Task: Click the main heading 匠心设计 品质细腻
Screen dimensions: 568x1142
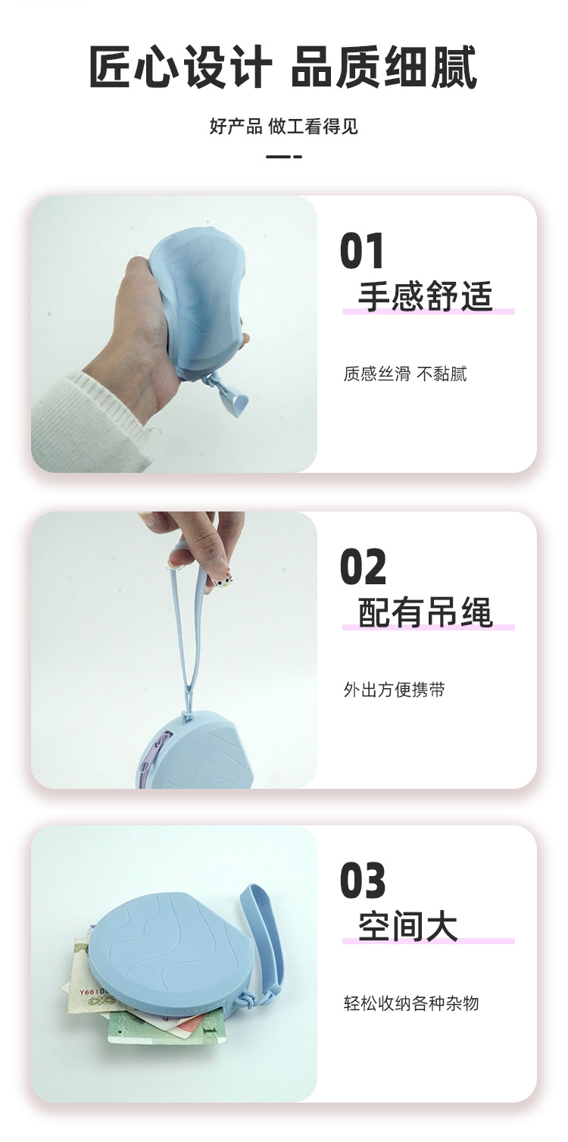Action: coord(283,66)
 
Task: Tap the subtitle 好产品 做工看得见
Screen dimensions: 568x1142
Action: coord(284,126)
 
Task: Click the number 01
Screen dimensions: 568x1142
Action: coord(362,250)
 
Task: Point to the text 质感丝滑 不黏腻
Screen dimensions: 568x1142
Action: coord(405,374)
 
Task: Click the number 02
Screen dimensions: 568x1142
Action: coord(363,566)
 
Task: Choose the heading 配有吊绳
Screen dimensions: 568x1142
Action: coord(426,612)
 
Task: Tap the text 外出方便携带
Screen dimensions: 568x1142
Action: coord(395,690)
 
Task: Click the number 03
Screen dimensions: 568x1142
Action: coord(363,881)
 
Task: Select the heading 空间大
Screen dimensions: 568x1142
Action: coord(408,925)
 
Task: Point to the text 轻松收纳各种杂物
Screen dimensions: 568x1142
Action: coord(411,1003)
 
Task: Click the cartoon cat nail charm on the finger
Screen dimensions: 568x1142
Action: coord(221,580)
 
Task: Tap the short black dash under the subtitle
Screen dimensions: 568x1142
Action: coord(284,157)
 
